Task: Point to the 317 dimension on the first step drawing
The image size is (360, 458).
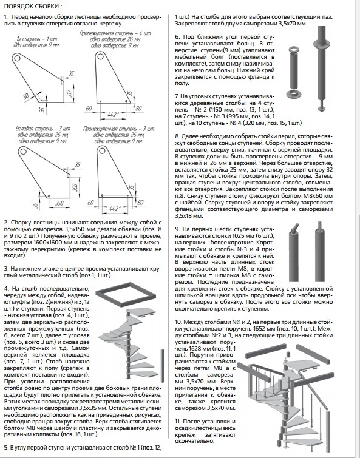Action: point(69,93)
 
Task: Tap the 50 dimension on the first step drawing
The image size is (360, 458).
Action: point(26,95)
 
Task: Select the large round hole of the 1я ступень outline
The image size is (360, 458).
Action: point(16,57)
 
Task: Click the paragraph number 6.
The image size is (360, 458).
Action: point(177,37)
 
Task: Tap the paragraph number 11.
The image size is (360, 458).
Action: point(178,422)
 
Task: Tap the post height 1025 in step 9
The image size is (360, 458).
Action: point(238,236)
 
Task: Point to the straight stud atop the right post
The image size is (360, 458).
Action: point(319,225)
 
